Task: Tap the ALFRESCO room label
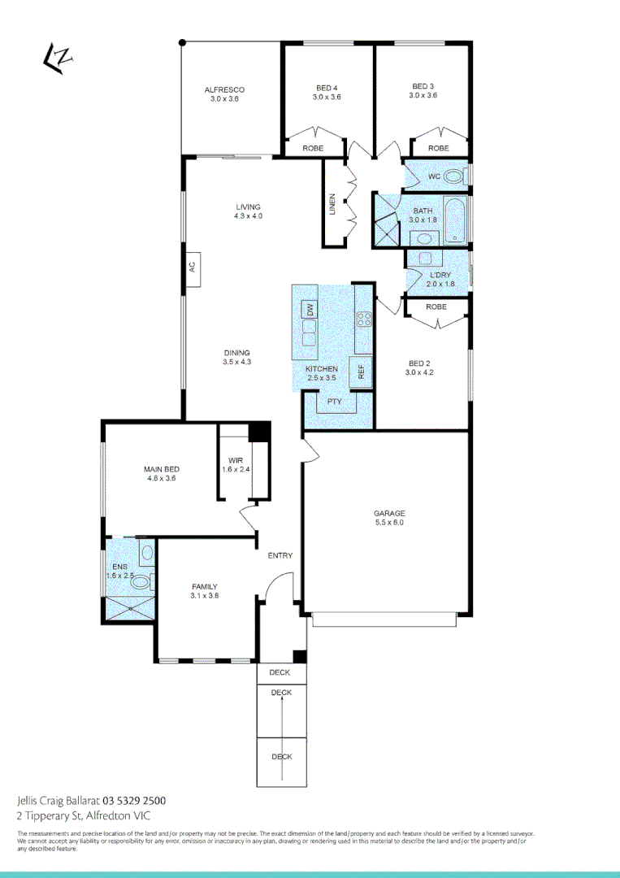[224, 89]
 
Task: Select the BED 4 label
[326, 87]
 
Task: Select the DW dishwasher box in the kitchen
[310, 309]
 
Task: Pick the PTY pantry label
[333, 402]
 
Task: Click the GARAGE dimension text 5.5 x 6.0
[388, 523]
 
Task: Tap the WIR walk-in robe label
[236, 461]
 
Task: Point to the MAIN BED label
[161, 469]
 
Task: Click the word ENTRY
[280, 555]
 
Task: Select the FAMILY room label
[204, 586]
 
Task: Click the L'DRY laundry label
[439, 275]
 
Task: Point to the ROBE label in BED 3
[438, 148]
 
